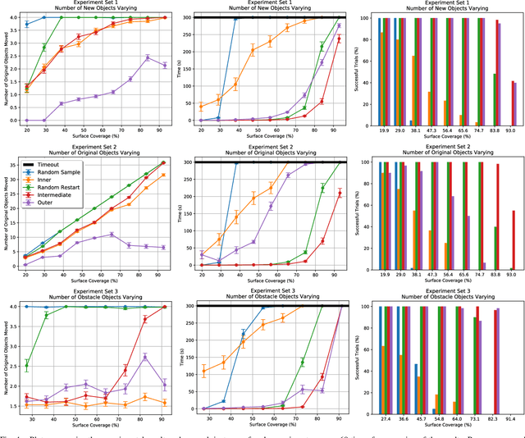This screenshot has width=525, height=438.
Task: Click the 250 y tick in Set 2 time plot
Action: [x=185, y=179]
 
